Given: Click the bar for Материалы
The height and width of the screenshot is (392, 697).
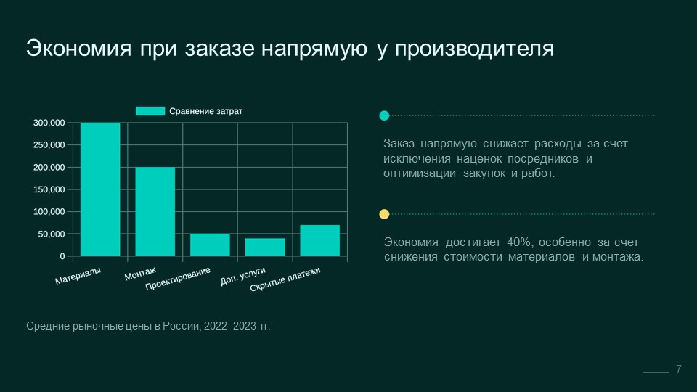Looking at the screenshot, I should (100, 189).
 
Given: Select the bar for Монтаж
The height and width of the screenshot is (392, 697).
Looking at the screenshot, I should (155, 211).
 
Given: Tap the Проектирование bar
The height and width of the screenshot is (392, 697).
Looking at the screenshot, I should (210, 245).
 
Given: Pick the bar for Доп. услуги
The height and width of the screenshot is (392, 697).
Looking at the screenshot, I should (265, 247).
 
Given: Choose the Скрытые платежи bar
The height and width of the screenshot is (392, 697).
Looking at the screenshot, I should (319, 240).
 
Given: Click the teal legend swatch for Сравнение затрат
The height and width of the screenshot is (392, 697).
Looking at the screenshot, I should (150, 111).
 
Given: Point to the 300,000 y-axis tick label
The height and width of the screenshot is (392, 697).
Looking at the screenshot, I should (49, 123).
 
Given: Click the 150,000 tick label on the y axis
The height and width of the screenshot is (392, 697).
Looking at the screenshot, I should (49, 189).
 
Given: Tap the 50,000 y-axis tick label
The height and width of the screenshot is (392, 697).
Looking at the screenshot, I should (52, 234).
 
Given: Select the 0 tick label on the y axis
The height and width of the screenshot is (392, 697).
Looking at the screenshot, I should (62, 257).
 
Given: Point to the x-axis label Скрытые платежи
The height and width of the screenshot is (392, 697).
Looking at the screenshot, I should (285, 280).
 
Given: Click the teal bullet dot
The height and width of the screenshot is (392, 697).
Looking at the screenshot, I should (384, 115).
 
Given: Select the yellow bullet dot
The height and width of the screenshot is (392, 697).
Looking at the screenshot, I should (384, 214).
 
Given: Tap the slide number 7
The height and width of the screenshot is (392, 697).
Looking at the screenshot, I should (679, 369).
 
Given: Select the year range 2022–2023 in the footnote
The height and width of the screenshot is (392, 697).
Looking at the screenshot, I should (227, 327).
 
